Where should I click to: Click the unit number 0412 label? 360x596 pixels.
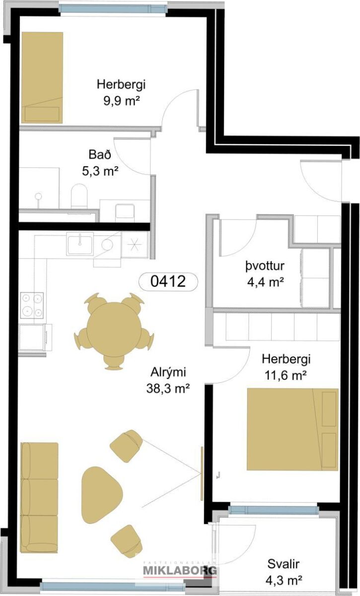click(x=168, y=281)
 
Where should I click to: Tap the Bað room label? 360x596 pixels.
click(x=100, y=154)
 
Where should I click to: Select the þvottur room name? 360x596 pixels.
click(x=265, y=266)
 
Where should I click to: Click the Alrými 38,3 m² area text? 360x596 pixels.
click(x=168, y=380)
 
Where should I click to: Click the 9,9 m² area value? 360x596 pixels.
click(x=122, y=101)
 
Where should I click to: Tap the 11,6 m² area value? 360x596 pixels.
click(x=286, y=375)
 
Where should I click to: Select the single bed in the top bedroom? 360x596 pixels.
click(x=42, y=77)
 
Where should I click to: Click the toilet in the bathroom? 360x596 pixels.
click(x=79, y=196)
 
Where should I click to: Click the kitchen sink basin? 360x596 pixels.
click(x=80, y=244)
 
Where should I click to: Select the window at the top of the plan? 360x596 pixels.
click(x=114, y=8)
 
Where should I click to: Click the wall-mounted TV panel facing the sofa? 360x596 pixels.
click(x=202, y=474)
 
